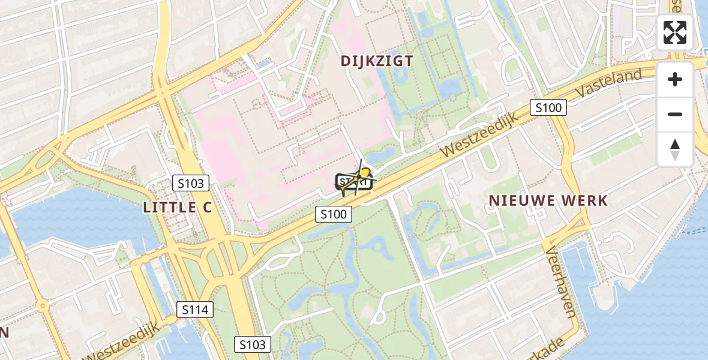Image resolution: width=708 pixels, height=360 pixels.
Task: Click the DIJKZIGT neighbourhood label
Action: (x=377, y=61)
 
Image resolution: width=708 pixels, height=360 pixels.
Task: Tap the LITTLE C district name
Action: (x=178, y=208)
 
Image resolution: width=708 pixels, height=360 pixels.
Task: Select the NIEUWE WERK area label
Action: (x=548, y=200)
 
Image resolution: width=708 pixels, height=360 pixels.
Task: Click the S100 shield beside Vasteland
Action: (x=548, y=108)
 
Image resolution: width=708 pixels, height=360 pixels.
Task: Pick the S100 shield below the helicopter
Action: (x=334, y=214)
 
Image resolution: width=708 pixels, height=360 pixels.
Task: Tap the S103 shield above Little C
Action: (x=191, y=183)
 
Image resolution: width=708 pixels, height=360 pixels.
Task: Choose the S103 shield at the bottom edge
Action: (x=252, y=344)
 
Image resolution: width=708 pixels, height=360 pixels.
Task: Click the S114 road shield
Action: (x=196, y=310)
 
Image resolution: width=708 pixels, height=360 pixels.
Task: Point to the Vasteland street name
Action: (x=610, y=84)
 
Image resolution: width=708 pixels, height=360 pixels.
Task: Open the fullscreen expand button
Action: (x=675, y=32)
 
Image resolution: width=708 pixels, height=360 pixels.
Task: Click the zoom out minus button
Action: (x=675, y=114)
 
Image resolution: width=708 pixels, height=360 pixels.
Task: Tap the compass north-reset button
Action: (x=675, y=149)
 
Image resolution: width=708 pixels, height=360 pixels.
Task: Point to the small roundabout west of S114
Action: (x=42, y=307)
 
